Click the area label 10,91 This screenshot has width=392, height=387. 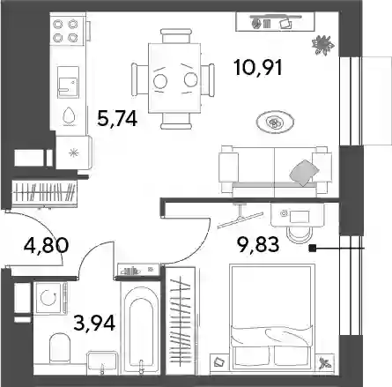coord(258,68)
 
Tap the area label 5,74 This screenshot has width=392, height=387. coord(117,119)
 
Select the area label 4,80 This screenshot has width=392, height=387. coord(47,245)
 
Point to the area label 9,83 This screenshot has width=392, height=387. coord(258,244)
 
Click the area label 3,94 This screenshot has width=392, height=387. coord(94,323)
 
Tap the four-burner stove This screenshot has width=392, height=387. coord(65,30)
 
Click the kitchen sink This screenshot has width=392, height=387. coord(68,82)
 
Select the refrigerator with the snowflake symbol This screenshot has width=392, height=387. coord(74,153)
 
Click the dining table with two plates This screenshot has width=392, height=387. coord(174,78)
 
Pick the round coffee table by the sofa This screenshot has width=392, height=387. coord(275,122)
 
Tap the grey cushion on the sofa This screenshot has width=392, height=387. coord(304,173)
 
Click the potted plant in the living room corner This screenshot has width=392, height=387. coord(323,45)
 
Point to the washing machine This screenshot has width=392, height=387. coord(49,298)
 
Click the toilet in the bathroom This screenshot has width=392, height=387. coord(60,347)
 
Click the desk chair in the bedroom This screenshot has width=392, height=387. coord(299,234)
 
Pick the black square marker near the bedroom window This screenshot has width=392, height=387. coord(312,249)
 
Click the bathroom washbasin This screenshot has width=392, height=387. coord(102,362)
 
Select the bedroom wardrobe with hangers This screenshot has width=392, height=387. coord(181,321)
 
